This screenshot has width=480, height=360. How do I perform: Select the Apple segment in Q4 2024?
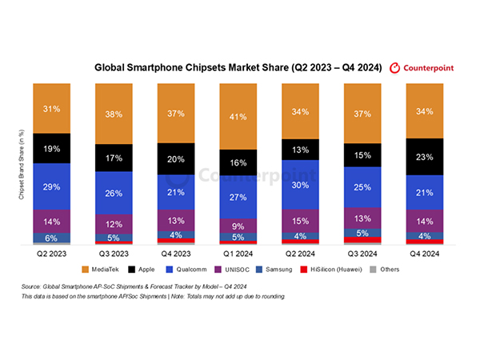[426, 157]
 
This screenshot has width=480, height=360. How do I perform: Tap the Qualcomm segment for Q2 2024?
[302, 185]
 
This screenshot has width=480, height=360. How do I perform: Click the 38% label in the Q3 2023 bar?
[114, 114]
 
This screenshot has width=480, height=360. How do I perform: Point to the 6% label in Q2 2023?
[52, 238]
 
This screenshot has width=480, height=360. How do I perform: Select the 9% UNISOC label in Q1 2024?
[239, 225]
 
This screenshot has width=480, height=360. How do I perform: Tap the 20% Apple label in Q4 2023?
[177, 158]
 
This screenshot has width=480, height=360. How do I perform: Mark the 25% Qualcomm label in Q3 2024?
[364, 187]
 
